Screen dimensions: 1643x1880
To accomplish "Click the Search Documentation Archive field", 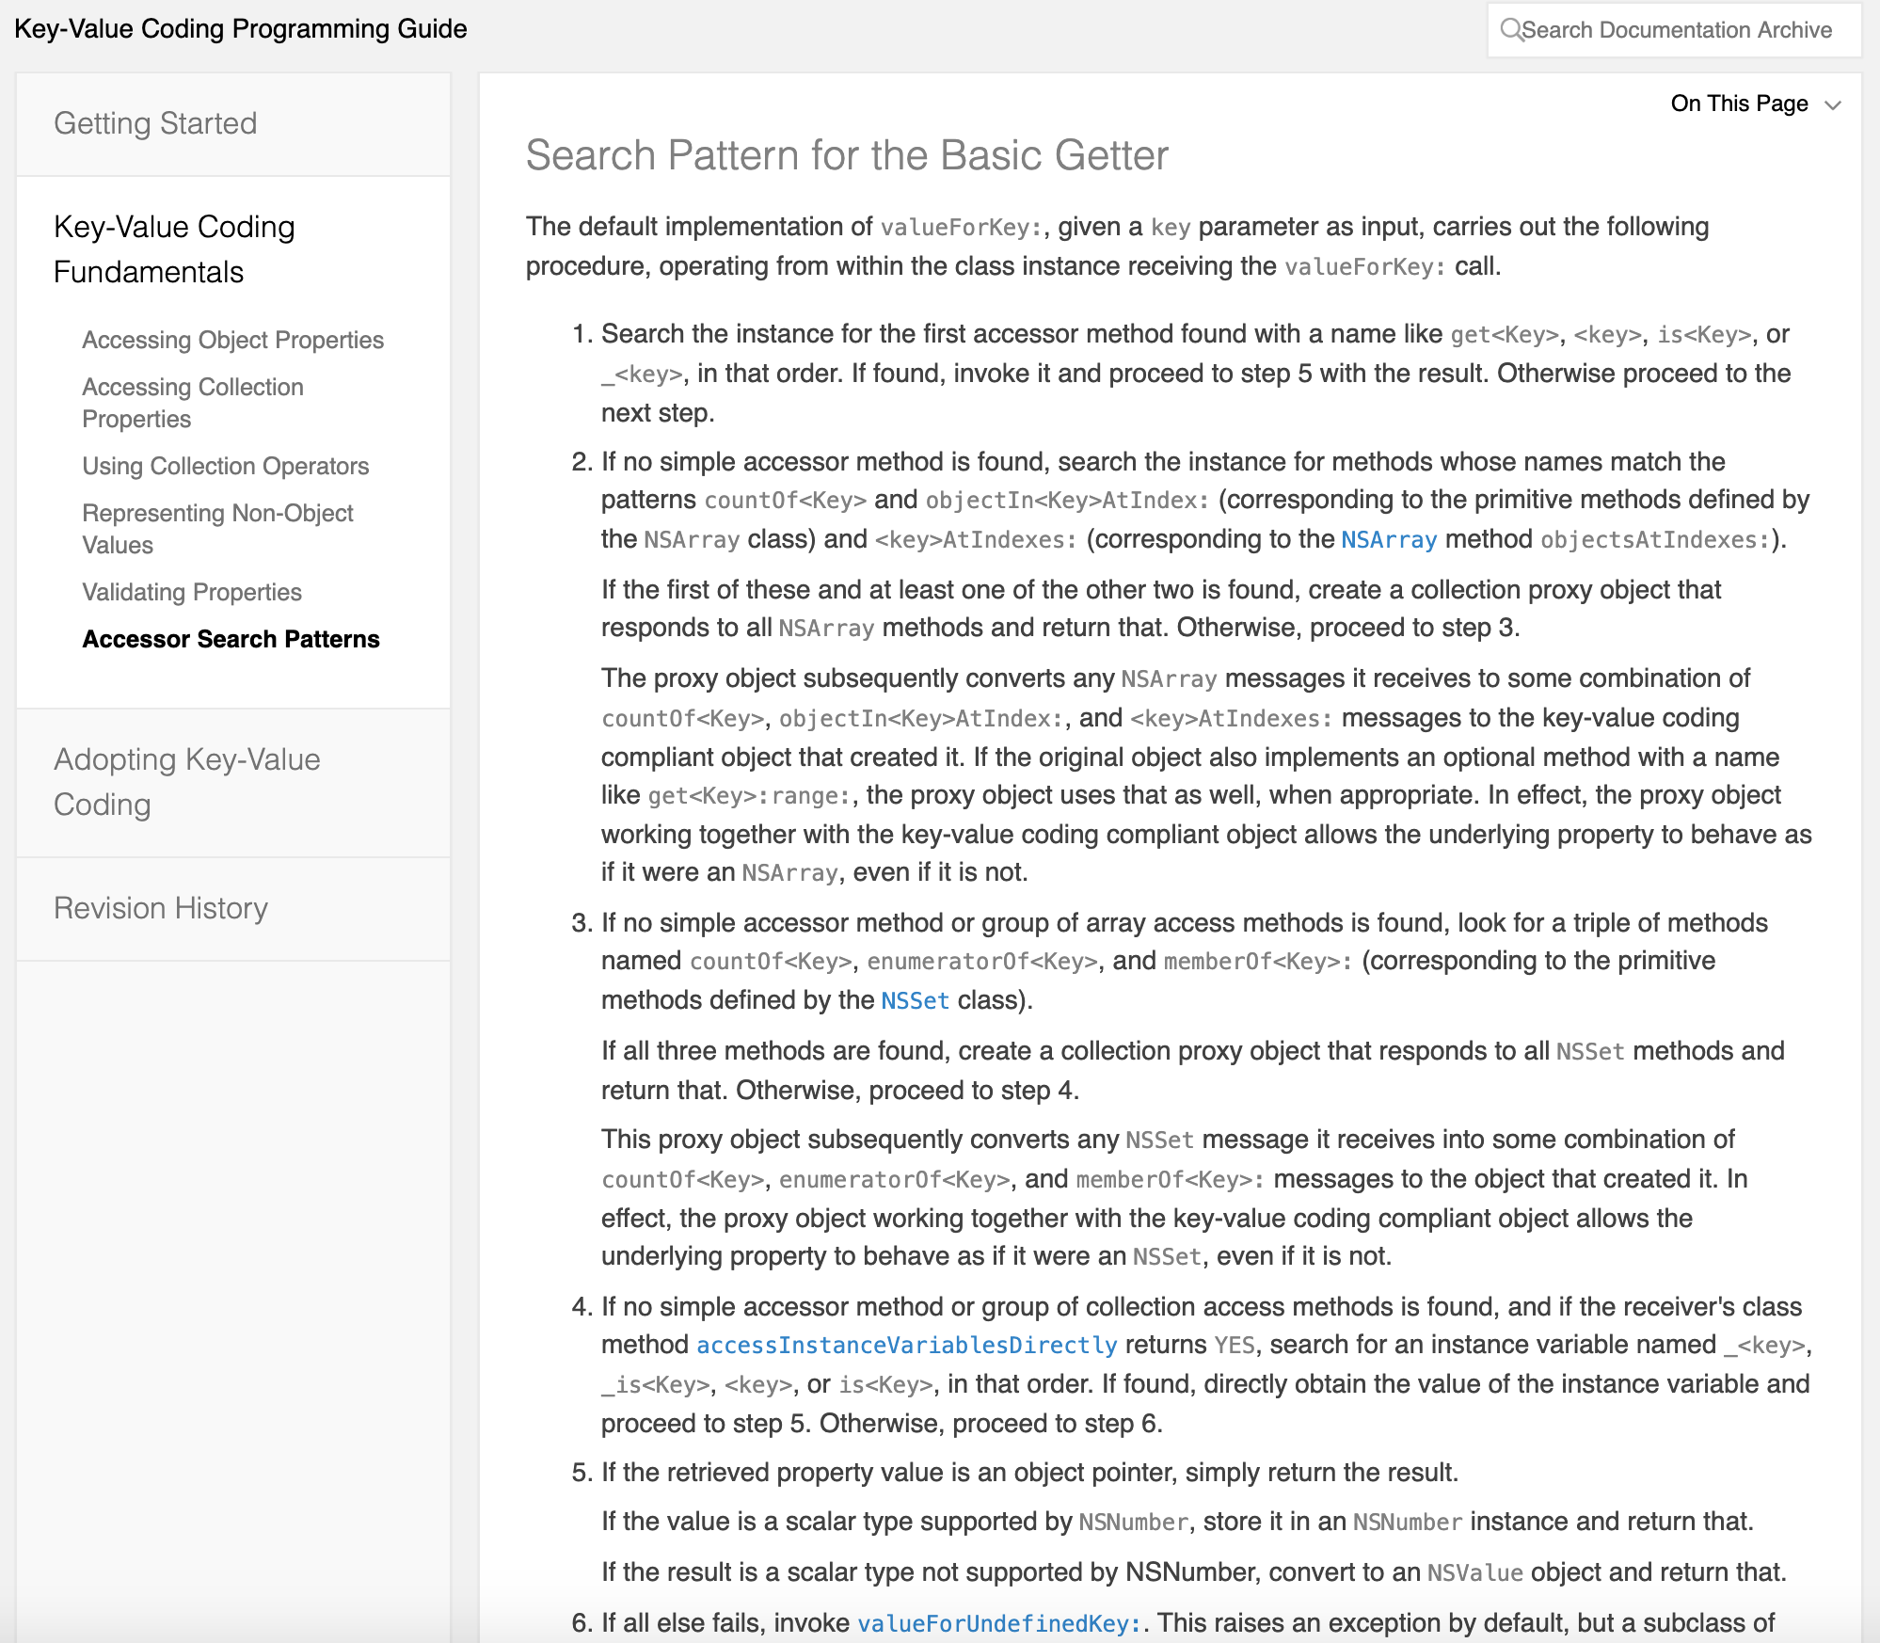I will (x=1676, y=30).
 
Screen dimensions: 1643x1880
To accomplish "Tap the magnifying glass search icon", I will (x=1510, y=30).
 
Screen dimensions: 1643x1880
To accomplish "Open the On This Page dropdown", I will (x=1755, y=104).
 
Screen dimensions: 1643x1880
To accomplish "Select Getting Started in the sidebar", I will (x=155, y=123).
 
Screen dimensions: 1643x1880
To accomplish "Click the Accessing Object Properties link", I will (x=232, y=340).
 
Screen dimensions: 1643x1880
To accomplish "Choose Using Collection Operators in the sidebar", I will (x=225, y=466).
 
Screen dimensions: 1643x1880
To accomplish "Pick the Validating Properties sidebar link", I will (x=192, y=592).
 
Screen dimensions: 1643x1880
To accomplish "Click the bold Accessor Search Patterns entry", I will (x=231, y=639).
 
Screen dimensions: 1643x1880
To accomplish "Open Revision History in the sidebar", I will (x=161, y=908).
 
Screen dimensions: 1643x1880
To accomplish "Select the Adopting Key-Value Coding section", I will (x=186, y=781).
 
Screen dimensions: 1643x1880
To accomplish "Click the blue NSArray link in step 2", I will (x=1389, y=539).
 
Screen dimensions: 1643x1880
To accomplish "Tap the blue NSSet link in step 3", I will (x=915, y=1000).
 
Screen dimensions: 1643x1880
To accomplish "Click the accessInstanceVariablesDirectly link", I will (x=906, y=1345).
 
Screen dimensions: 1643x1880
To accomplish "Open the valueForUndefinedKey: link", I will (x=999, y=1623).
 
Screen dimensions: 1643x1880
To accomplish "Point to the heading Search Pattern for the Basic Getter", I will (x=847, y=155).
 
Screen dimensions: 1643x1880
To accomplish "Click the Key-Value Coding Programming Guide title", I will (x=241, y=29).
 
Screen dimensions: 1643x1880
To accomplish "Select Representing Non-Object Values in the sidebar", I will (x=217, y=529).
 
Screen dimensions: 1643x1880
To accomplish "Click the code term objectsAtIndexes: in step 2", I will (x=1655, y=540).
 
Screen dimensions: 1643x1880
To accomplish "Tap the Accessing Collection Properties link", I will (x=192, y=403).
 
